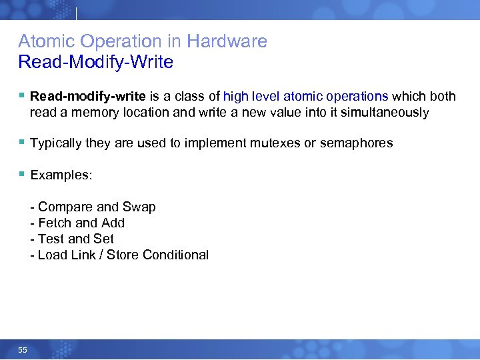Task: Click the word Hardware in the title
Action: click(x=227, y=41)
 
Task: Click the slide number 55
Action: click(x=23, y=349)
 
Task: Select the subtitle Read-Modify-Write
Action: click(x=95, y=63)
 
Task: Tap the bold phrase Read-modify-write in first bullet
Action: click(x=88, y=97)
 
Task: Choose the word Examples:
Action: click(x=61, y=175)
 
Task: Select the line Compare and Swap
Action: click(x=93, y=207)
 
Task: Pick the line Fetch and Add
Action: click(x=78, y=223)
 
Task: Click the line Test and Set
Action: click(x=73, y=239)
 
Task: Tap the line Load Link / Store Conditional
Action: click(x=120, y=255)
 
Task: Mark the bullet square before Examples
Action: click(x=22, y=174)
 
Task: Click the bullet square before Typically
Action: click(x=22, y=142)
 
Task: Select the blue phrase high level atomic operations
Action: click(x=305, y=97)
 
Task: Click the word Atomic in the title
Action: click(x=43, y=41)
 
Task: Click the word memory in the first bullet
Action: click(x=91, y=113)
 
